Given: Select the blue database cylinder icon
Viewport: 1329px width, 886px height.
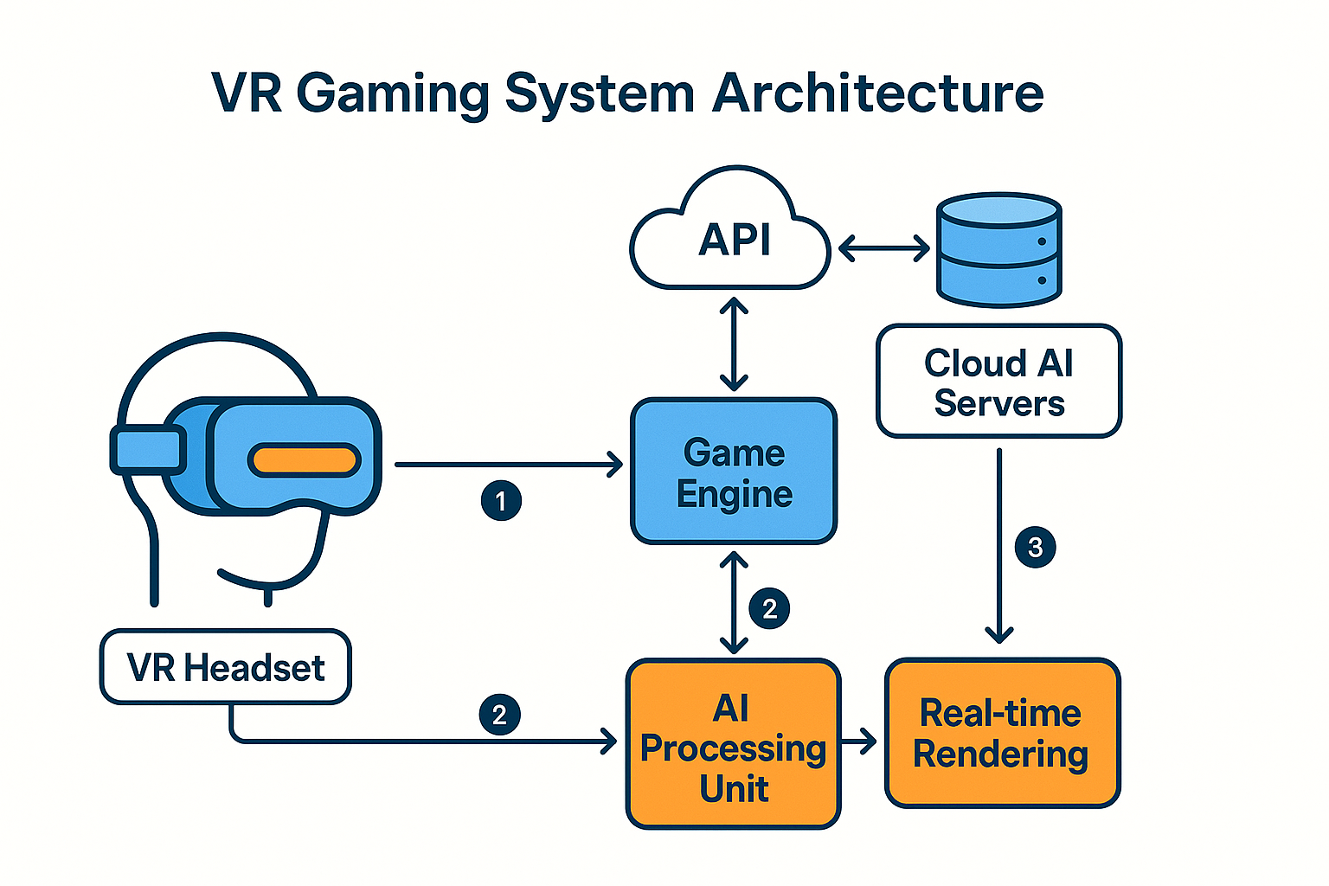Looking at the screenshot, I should coord(999,250).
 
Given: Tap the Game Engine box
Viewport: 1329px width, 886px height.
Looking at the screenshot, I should coord(734,472).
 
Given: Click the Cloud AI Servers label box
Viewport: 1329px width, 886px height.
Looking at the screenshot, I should coord(998,382).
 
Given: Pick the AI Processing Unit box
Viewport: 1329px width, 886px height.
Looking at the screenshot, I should coord(734,744).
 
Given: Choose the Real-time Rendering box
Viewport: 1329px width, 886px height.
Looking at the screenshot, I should coord(1002,734).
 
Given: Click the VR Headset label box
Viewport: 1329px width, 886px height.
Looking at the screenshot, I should coord(226,667).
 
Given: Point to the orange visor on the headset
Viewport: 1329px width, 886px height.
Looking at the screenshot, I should coord(305,459).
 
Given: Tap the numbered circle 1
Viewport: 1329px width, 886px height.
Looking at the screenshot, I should coord(501,500).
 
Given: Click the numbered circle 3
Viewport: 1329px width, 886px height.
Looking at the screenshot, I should coord(1035,547).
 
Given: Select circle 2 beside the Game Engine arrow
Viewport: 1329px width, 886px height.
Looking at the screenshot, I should coord(769,608).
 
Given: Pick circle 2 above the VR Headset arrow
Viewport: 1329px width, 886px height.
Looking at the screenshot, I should coord(499,715).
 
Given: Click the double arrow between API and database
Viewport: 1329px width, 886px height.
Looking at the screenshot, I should coord(883,250).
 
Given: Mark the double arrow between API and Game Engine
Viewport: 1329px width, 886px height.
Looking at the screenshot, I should coord(734,344).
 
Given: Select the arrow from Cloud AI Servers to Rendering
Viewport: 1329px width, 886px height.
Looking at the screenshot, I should coord(999,545).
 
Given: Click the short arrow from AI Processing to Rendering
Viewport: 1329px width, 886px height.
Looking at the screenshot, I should coord(859,742).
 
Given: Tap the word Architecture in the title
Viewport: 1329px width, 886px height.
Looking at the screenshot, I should coord(877,93).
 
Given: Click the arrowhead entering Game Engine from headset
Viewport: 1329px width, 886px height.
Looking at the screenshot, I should coord(615,465).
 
